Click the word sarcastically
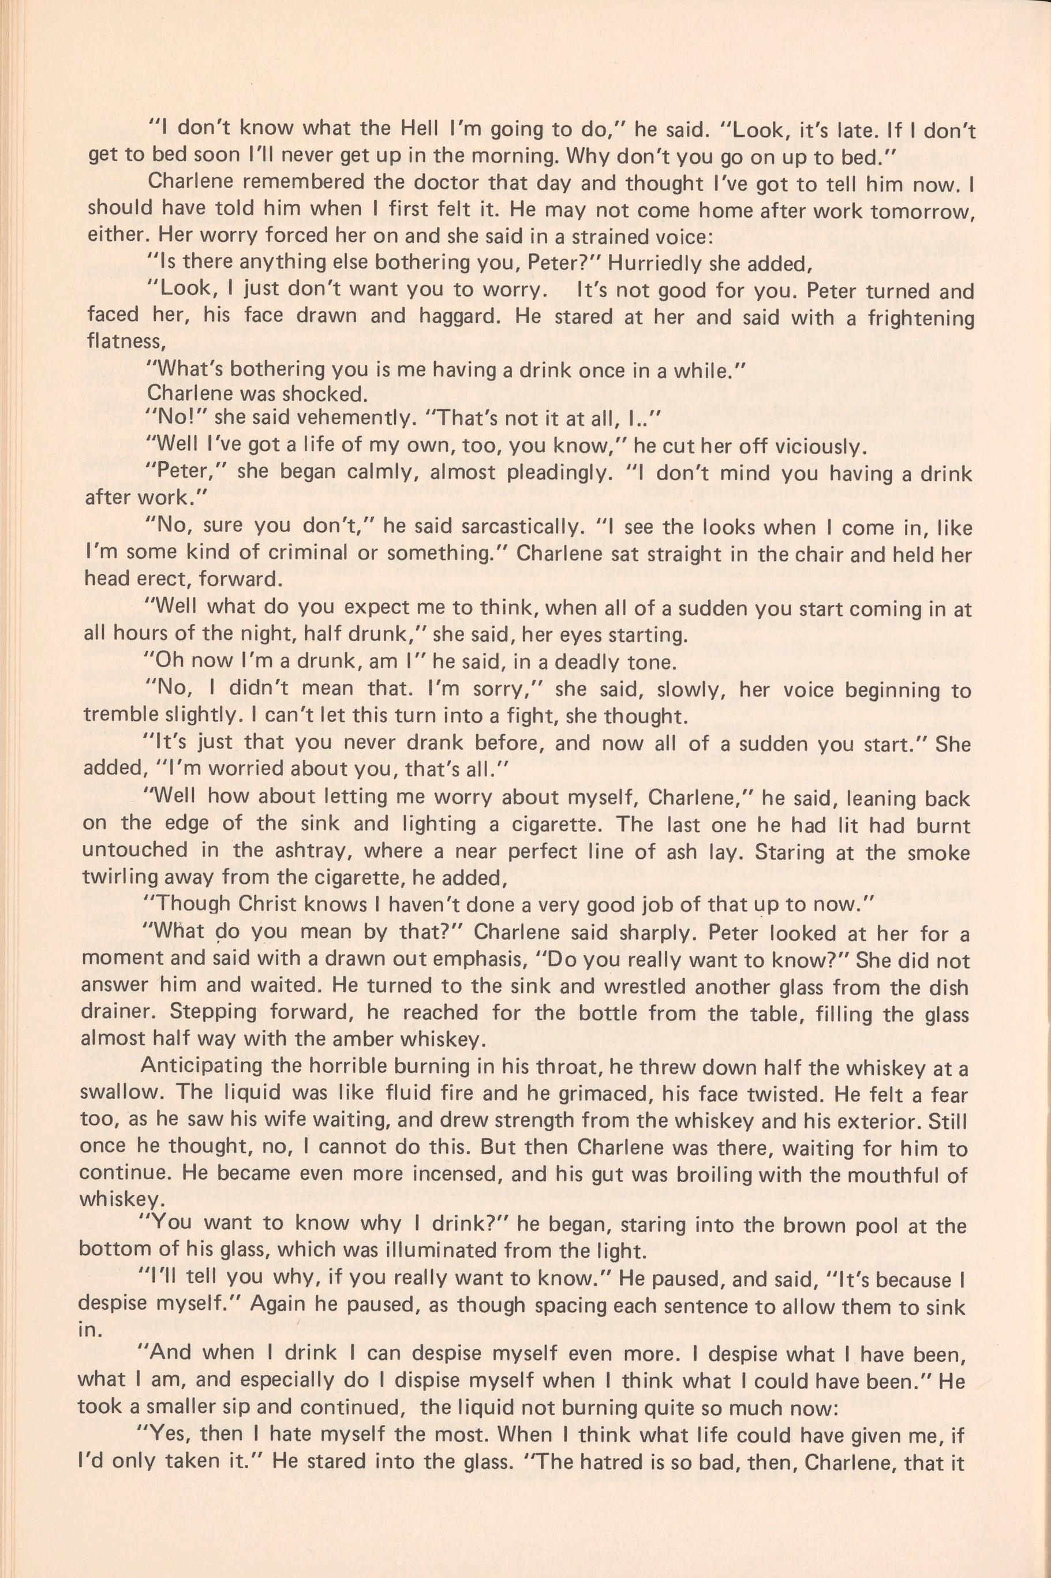tap(493, 528)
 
